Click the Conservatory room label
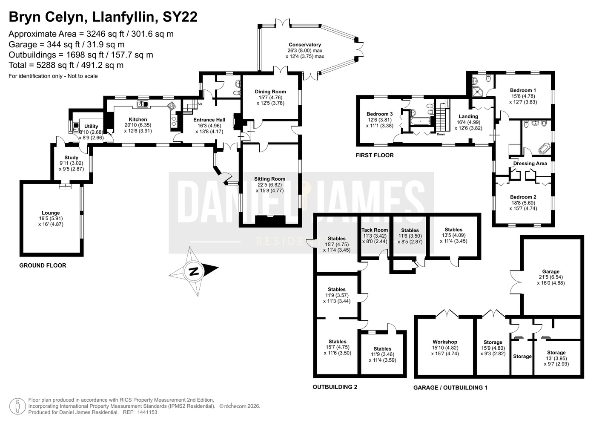tap(305, 45)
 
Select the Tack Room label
tap(375, 230)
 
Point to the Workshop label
tap(445, 342)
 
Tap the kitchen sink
tap(143, 104)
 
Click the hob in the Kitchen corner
tap(172, 106)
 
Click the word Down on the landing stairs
tap(441, 134)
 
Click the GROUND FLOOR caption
tap(43, 265)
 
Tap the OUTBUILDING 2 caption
tap(335, 387)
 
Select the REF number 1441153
tap(147, 412)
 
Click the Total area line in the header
tap(66, 65)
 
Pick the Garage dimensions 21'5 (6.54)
tap(550, 277)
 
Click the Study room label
tap(71, 158)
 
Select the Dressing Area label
tap(530, 164)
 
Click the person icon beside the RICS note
tap(17, 406)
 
